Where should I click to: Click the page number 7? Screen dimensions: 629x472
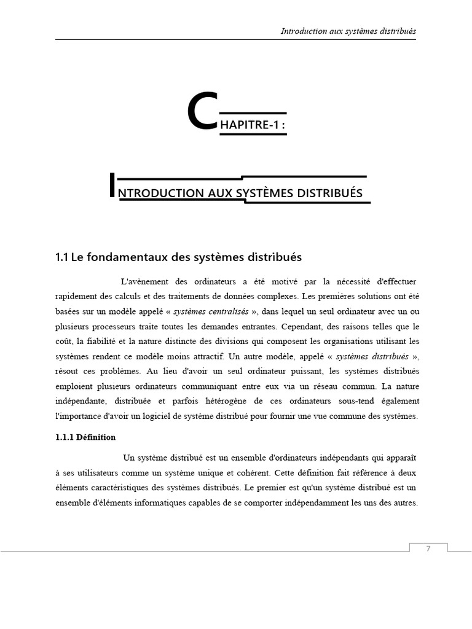coord(428,549)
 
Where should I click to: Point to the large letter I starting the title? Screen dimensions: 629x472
coord(111,185)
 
